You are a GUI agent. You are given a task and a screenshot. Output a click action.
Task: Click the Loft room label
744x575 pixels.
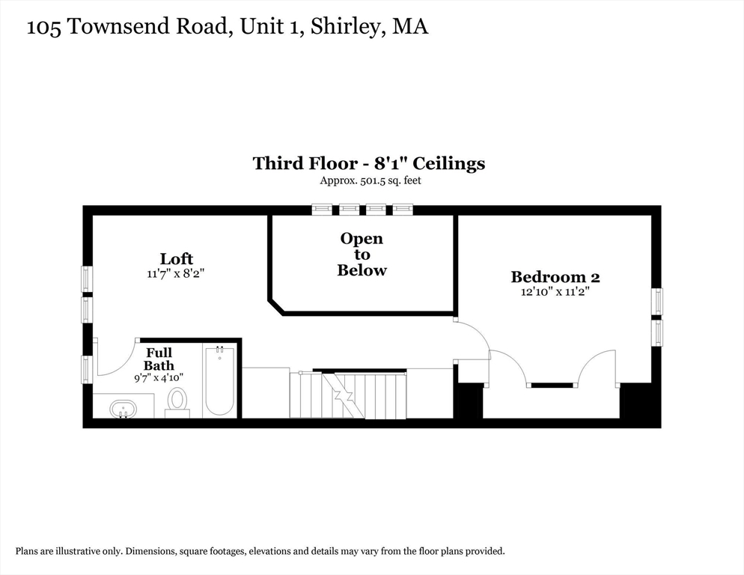176,259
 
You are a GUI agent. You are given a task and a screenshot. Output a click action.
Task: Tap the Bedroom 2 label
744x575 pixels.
555,277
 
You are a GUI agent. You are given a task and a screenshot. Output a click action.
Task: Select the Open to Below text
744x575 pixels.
362,255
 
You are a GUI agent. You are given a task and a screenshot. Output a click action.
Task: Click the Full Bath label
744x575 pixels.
159,359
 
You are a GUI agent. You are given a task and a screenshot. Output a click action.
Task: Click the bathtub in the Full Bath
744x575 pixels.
219,381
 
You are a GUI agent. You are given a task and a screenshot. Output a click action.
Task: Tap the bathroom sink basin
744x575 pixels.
124,409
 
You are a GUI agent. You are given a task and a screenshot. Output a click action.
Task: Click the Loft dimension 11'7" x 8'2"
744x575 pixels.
176,274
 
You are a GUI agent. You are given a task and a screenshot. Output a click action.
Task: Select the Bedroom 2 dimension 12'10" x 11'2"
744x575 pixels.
555,291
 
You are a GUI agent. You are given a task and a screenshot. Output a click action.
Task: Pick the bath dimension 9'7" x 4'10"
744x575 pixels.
159,378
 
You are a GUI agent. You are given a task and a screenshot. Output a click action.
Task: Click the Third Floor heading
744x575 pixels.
369,163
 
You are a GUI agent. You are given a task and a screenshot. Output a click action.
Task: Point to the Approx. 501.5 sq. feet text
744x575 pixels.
371,180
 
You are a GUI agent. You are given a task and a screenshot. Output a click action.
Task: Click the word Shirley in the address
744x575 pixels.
346,26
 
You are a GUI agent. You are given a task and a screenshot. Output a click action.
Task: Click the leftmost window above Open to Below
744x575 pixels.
322,210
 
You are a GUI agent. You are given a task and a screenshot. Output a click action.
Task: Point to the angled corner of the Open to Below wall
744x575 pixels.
276,306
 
